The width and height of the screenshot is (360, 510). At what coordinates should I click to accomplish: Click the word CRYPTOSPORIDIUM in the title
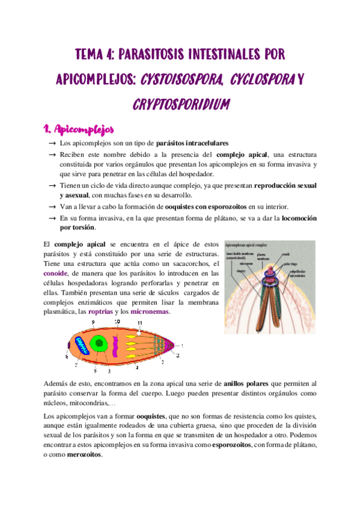[x=180, y=103]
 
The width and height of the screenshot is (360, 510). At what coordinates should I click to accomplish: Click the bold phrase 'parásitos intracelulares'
[x=192, y=144]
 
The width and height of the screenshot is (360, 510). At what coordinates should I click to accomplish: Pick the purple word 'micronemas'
[x=150, y=312]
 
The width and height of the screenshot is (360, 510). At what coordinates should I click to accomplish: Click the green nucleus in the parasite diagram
[x=99, y=345]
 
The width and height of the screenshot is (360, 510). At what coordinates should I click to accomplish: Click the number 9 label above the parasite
[x=94, y=323]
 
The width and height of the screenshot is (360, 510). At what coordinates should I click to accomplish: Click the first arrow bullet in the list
[x=52, y=145]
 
